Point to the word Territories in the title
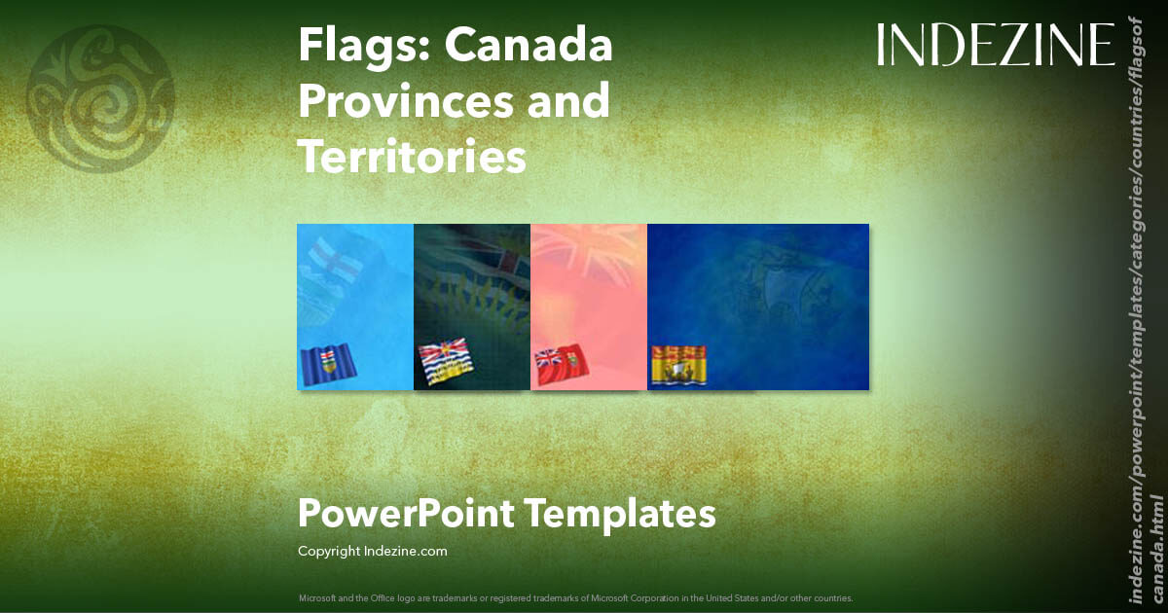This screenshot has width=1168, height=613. click(x=412, y=156)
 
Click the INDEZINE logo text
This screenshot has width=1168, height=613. click(x=996, y=46)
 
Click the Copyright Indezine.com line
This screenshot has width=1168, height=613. click(x=373, y=551)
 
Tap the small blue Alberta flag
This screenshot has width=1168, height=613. click(x=329, y=364)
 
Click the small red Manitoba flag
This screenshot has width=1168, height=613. click(x=561, y=363)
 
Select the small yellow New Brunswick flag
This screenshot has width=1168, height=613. click(x=677, y=363)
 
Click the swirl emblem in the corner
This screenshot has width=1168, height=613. click(x=100, y=92)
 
